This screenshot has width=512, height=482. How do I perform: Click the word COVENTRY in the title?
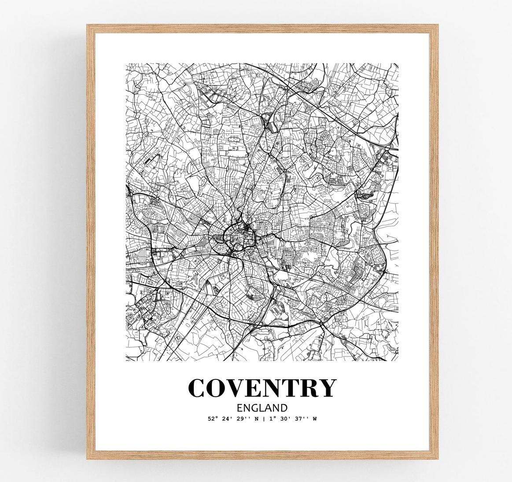pos(262,387)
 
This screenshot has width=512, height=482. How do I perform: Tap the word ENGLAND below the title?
pos(262,408)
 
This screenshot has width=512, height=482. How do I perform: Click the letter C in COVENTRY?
pos(198,387)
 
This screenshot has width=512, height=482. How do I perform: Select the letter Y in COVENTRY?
pos(326,387)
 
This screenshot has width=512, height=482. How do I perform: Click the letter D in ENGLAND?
pos(284,408)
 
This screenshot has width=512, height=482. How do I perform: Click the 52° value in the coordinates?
pos(213,419)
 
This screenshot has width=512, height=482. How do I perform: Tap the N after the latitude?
pos(257,419)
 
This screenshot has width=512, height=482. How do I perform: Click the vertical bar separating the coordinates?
pos(264,419)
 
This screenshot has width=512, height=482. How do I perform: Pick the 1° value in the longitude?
pos(271,419)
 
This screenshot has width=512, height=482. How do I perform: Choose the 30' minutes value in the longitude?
pos(284,419)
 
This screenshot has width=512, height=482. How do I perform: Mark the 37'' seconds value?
pos(301,419)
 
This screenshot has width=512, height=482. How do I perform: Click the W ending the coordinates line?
pos(314,419)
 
